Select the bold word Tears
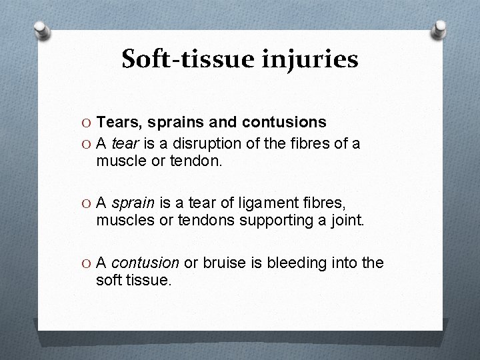[x=117, y=122]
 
